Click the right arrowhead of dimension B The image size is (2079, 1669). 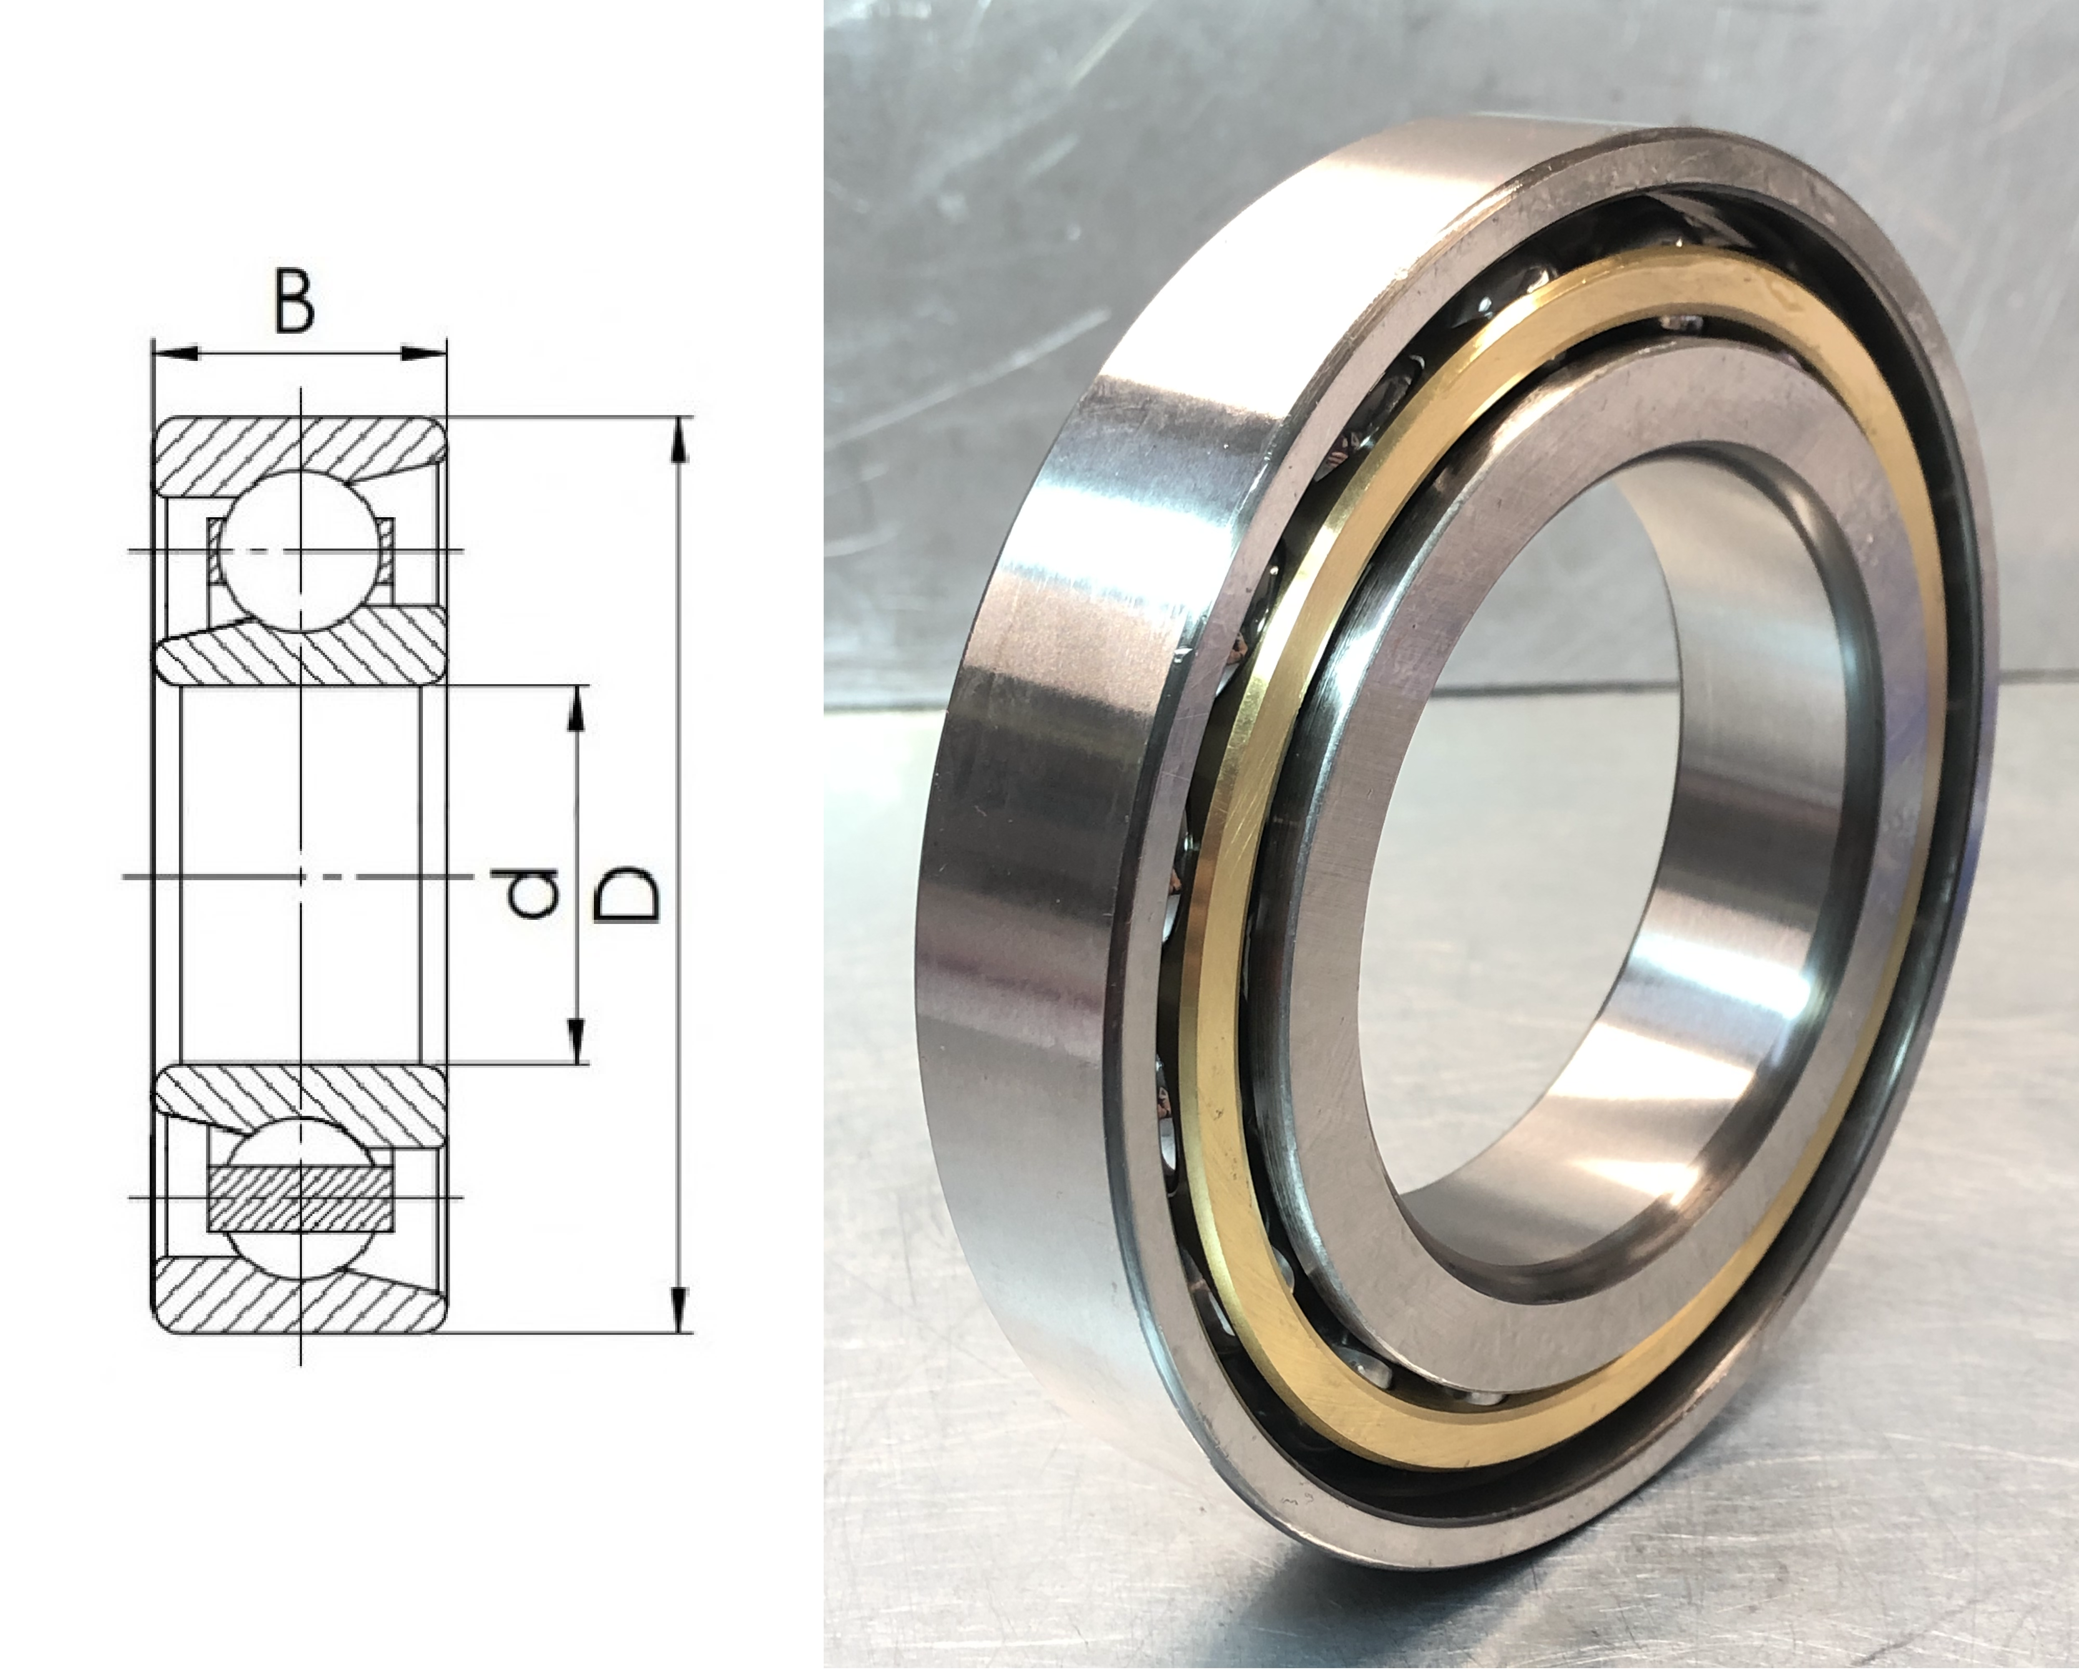(424, 353)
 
